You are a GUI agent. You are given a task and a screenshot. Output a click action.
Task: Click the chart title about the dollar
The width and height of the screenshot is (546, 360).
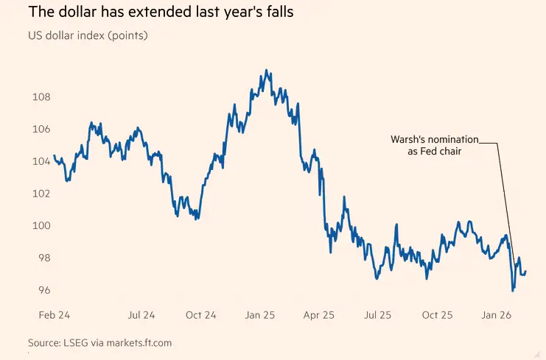tap(153, 13)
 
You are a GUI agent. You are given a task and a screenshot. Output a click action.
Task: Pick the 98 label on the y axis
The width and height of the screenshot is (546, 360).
tap(41, 258)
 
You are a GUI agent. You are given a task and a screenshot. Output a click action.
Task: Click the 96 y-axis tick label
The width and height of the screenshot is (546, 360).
tap(41, 290)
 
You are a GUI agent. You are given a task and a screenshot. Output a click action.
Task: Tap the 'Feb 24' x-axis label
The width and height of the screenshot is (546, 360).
tap(54, 315)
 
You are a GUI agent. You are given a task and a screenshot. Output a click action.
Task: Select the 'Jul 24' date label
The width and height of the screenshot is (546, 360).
tap(141, 315)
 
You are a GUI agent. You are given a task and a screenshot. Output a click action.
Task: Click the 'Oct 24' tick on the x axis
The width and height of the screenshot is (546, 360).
tap(200, 315)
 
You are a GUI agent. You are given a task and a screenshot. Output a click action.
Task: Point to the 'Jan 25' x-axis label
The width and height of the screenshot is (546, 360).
tap(259, 315)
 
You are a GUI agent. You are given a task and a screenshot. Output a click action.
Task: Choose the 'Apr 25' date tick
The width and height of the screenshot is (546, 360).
tap(318, 315)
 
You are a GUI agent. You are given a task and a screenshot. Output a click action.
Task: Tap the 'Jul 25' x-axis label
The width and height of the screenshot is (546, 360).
tap(377, 315)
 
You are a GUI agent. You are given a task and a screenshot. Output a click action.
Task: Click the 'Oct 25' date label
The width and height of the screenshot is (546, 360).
tap(436, 315)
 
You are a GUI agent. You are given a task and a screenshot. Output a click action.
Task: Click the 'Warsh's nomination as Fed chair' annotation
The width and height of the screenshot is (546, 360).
tap(435, 144)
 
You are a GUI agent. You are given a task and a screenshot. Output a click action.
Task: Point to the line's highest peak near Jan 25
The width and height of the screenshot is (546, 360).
tap(265, 71)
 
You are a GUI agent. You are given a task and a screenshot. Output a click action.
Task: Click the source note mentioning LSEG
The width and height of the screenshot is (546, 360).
tap(99, 343)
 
